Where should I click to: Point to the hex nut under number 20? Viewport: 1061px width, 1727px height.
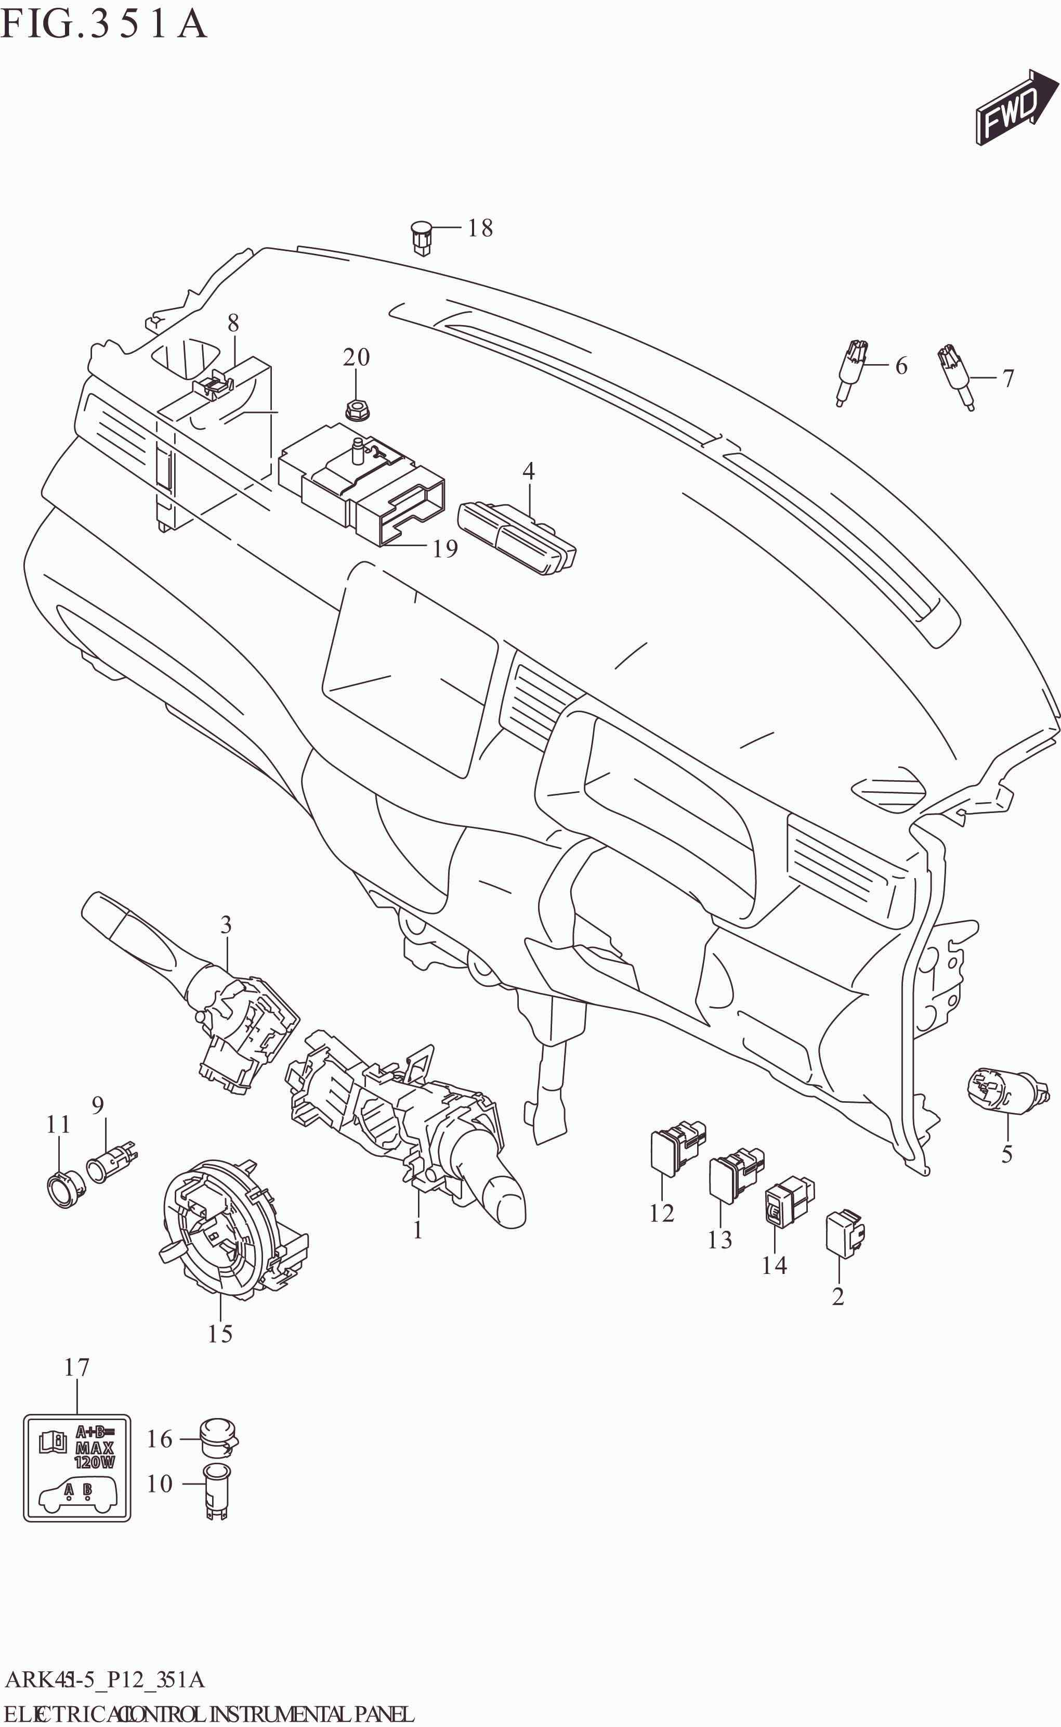(x=357, y=410)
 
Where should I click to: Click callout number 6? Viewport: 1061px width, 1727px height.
(x=901, y=366)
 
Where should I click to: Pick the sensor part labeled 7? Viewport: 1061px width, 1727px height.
(x=956, y=375)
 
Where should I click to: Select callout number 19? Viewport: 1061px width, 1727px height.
(x=445, y=548)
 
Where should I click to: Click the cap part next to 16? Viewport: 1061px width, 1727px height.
(x=218, y=1436)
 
